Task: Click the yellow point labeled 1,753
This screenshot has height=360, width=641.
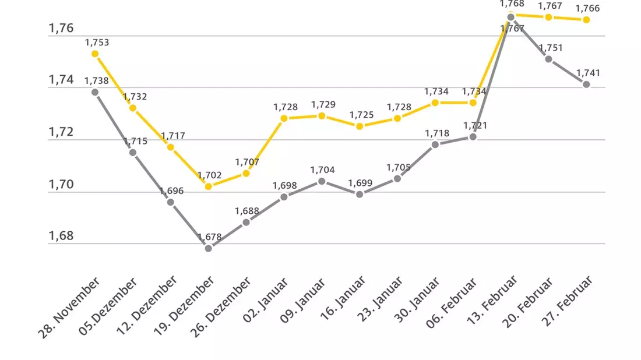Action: (95, 54)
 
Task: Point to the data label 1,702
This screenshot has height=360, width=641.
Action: (209, 175)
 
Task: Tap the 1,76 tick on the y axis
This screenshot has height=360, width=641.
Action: (61, 28)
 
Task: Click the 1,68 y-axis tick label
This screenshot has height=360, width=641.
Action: (61, 236)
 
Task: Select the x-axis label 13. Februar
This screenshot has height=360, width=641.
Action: (492, 300)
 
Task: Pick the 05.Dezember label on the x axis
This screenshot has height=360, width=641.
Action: (108, 306)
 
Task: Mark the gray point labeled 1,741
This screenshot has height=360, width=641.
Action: (586, 84)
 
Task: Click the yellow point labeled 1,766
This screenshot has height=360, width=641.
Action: (586, 20)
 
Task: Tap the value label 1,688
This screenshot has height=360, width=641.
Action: (247, 211)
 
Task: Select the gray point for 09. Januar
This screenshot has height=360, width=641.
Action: (322, 181)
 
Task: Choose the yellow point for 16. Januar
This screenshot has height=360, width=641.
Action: (360, 126)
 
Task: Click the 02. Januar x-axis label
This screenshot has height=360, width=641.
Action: (265, 300)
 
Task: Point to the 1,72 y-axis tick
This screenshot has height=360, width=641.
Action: (61, 132)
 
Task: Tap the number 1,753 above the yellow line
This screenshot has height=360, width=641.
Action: (97, 43)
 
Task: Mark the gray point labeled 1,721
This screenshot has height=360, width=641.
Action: (473, 137)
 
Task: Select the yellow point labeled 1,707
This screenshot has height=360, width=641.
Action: (246, 174)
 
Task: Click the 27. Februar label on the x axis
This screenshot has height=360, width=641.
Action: (566, 301)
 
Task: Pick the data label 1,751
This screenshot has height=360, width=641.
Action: (551, 48)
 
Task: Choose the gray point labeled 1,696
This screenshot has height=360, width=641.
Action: (171, 202)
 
